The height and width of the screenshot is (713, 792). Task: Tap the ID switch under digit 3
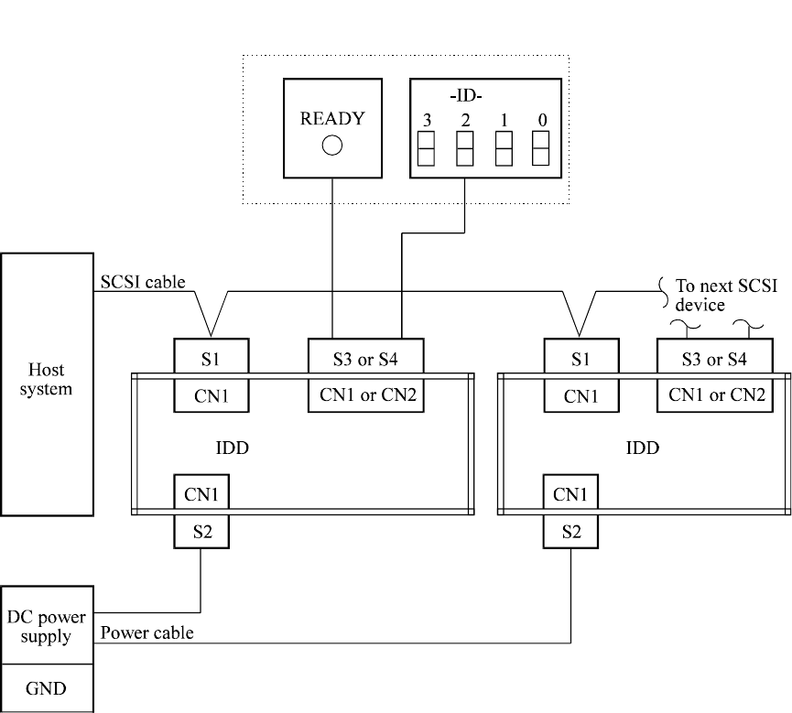(x=426, y=148)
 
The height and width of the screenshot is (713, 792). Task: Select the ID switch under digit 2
(x=465, y=148)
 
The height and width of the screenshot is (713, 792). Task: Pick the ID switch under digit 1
(x=504, y=148)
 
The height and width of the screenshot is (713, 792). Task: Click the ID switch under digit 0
(x=540, y=148)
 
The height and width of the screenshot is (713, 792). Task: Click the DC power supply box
(x=46, y=626)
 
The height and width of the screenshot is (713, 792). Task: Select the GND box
(x=46, y=687)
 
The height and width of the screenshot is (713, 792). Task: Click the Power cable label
(x=146, y=632)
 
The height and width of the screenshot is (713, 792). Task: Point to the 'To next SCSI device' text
(x=725, y=295)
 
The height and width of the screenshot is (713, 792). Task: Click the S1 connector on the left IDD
(x=210, y=359)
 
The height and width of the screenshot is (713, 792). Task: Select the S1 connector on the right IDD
(x=580, y=359)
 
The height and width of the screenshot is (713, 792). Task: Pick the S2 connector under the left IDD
(x=201, y=531)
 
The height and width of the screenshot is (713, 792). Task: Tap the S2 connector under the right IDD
(x=570, y=531)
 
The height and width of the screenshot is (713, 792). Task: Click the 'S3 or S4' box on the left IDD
(x=364, y=359)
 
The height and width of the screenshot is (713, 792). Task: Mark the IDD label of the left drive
(x=233, y=448)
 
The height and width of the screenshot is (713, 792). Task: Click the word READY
(x=331, y=119)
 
